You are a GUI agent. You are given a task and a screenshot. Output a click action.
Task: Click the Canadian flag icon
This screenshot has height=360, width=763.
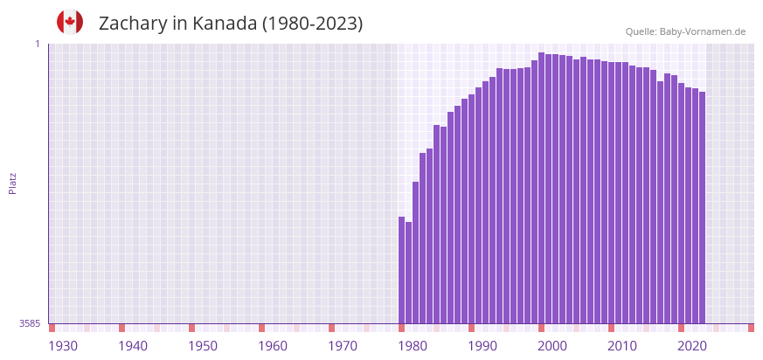(x=70, y=22)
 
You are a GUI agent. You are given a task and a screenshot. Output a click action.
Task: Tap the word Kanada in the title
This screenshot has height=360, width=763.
(x=224, y=24)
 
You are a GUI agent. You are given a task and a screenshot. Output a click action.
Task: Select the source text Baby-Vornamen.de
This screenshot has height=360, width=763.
(x=702, y=31)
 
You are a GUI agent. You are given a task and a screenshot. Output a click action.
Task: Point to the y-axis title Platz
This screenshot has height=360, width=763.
(x=12, y=183)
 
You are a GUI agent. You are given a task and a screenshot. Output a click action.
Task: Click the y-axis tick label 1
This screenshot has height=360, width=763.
(x=38, y=44)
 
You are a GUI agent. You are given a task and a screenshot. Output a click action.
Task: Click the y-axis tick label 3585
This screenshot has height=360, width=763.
(x=30, y=323)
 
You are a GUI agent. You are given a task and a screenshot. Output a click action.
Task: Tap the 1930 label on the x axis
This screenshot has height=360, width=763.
(x=63, y=346)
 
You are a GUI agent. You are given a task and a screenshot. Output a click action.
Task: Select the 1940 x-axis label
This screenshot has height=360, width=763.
(x=133, y=346)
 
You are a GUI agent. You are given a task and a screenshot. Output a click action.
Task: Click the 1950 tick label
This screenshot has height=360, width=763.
(x=203, y=346)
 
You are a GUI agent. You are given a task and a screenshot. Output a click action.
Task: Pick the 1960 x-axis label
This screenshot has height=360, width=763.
(x=273, y=346)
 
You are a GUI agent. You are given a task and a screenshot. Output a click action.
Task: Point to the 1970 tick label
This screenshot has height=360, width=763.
(x=343, y=346)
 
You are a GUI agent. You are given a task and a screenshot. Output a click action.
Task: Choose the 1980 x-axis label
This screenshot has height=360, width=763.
(x=413, y=346)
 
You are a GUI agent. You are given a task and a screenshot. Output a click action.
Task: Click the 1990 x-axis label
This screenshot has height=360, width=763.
(x=482, y=346)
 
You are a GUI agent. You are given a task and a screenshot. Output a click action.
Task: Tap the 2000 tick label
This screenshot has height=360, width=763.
(x=552, y=346)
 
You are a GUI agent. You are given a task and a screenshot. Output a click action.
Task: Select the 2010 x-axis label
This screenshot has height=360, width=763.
(x=622, y=346)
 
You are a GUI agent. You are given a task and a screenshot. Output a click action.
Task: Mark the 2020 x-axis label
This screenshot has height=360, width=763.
(x=692, y=346)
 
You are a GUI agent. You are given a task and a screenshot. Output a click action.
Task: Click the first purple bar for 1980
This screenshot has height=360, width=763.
(x=402, y=270)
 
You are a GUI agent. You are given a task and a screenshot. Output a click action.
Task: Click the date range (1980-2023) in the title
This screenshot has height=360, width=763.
(x=312, y=24)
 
